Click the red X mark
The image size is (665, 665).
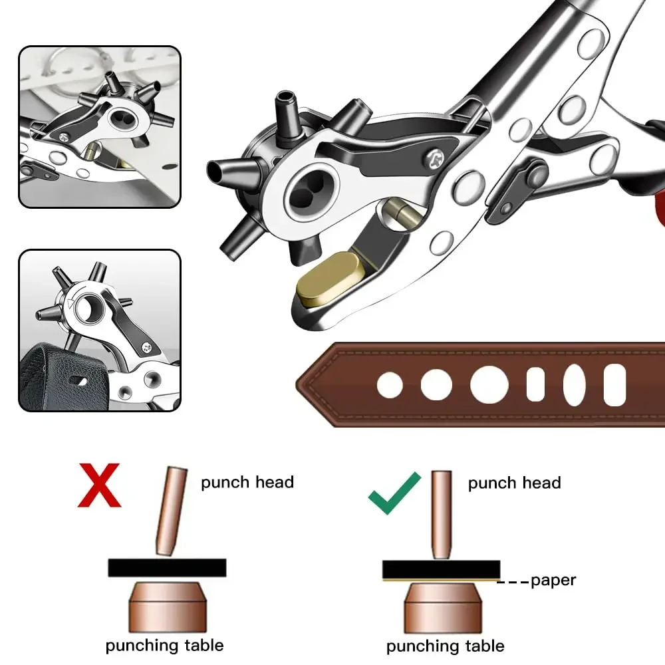coord(99,485)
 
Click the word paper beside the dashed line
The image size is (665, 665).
coord(553,581)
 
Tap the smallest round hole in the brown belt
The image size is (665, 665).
coord(390,385)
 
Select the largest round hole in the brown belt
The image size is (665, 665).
coord(489,384)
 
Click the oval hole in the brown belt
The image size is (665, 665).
coord(574,385)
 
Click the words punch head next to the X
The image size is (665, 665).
coord(247,482)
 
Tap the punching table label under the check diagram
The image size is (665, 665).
coord(445,646)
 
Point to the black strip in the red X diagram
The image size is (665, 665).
coord(167,567)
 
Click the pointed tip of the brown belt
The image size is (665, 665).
coord(299,384)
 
